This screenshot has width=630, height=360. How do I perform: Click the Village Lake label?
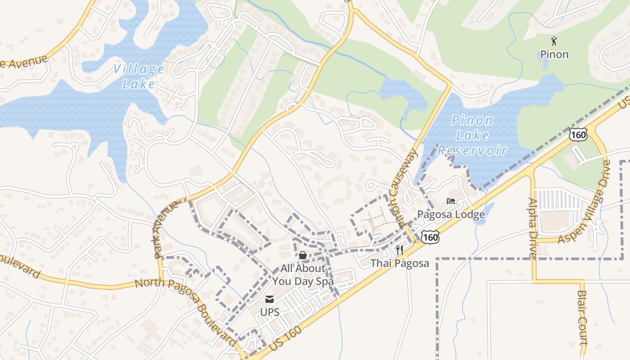coord(139,76)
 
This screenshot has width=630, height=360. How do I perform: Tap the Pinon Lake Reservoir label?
coord(472,135)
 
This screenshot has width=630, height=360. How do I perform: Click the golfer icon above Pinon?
coord(554,41)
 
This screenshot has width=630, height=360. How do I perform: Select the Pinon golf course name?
coord(554,54)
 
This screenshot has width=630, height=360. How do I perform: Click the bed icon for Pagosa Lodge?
coord(451,201)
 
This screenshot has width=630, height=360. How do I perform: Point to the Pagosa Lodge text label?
coord(451,214)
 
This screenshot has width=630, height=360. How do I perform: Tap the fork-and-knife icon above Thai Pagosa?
coord(400,250)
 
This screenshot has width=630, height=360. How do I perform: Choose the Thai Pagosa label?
coord(400,263)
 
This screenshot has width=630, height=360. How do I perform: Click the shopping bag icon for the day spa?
coord(303,255)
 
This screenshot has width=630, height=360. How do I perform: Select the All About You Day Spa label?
coord(303,275)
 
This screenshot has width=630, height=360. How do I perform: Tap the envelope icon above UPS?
coord(270,299)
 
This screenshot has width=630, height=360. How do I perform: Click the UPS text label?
coord(270,312)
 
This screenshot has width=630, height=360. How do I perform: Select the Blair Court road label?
coord(582,317)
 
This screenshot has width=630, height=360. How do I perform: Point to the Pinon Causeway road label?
coord(404,188)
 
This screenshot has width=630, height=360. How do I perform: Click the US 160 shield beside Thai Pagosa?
coord(431,237)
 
